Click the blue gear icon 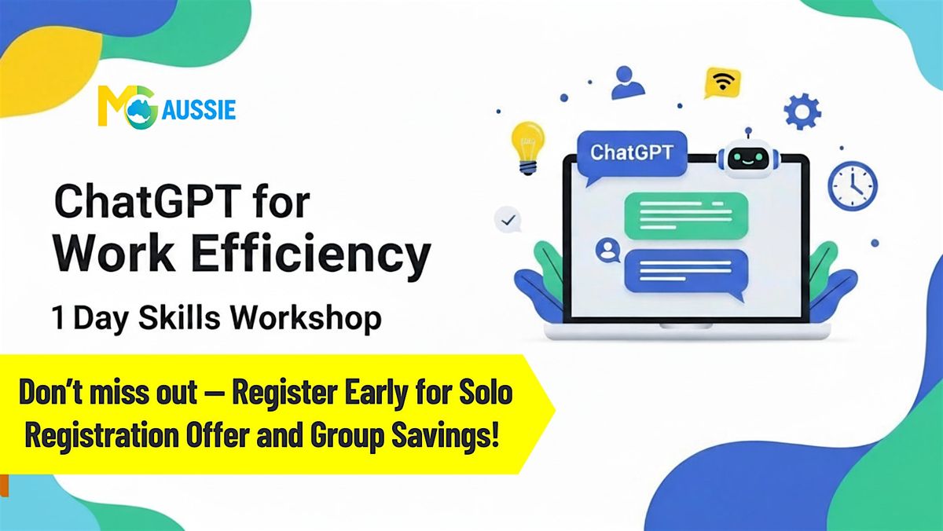click(x=802, y=112)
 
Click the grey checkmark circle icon click(x=508, y=220)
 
